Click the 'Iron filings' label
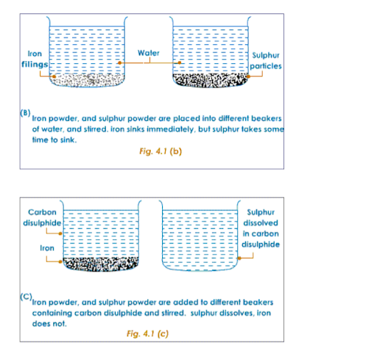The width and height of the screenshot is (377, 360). [35, 59]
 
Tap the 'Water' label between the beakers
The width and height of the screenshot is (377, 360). [149, 53]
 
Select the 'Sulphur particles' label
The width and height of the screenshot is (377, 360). [266, 61]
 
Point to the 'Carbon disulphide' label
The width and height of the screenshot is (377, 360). [42, 217]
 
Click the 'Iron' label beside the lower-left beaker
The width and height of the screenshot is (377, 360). [47, 248]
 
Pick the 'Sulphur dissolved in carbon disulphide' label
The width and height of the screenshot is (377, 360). [261, 228]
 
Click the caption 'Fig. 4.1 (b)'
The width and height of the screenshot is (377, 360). [161, 151]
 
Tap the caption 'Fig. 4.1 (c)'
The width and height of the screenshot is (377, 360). [147, 333]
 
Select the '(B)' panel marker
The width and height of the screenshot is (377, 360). [25, 113]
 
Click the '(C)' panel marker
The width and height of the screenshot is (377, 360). [26, 297]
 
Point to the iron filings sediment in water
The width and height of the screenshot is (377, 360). [88, 80]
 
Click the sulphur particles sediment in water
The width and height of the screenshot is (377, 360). [211, 80]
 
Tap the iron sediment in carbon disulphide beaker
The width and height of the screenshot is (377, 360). [101, 264]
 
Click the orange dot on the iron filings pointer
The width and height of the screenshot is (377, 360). [54, 77]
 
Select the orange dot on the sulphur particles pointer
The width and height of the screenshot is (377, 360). [248, 77]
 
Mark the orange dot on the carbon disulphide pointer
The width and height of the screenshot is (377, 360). [60, 233]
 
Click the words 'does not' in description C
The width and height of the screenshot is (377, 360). [49, 324]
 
